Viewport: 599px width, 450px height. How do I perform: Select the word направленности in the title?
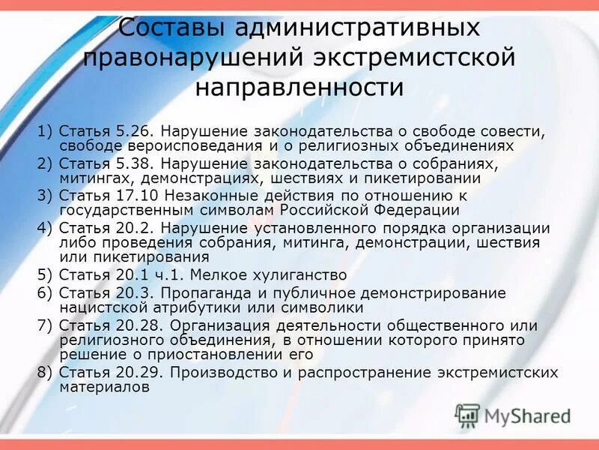299,87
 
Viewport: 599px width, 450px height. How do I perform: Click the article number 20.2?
133,228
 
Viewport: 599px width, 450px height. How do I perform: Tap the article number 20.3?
133,293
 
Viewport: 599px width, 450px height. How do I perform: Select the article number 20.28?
138,325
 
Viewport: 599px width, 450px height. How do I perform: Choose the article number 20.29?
138,372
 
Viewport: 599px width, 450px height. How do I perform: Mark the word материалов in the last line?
104,387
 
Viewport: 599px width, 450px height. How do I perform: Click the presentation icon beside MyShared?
467,416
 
